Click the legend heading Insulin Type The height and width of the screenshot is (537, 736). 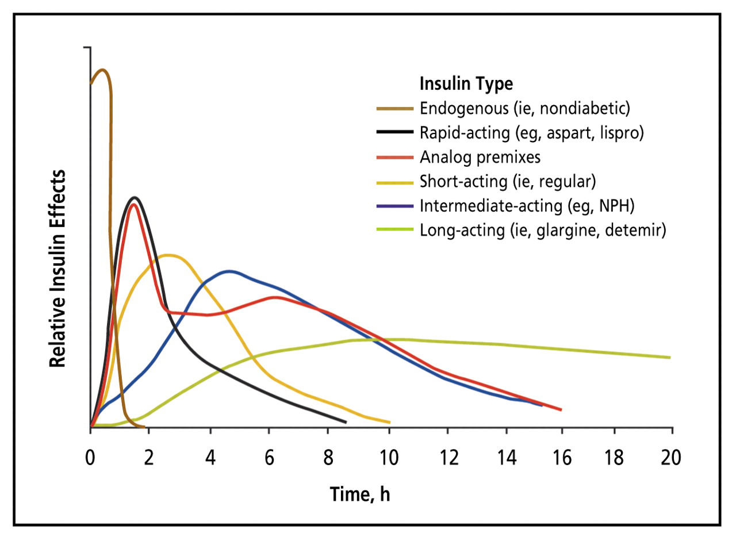coord(466,83)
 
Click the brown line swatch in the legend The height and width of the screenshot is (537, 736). coord(394,108)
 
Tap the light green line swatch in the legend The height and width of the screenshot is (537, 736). coord(394,230)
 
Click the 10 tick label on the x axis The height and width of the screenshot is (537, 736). coord(389,458)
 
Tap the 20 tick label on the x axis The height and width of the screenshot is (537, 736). coord(670,458)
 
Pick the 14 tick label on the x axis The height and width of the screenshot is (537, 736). coord(509,458)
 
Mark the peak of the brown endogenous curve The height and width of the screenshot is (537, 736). coord(102,70)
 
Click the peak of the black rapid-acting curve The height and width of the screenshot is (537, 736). coord(136,197)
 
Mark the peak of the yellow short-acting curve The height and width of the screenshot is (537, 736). coord(168,255)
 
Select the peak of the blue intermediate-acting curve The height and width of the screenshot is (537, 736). coord(229,271)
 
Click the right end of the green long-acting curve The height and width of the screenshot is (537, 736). coord(670,358)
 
